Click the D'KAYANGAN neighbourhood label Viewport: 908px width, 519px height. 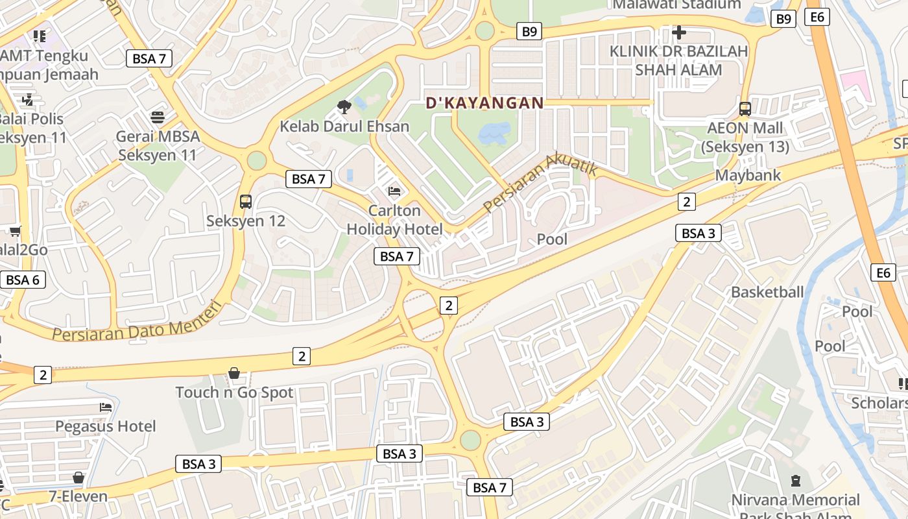[484, 103]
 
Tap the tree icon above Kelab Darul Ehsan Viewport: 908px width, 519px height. [344, 106]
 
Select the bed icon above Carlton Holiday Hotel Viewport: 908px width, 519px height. [394, 191]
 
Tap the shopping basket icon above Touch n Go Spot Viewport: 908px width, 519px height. [234, 373]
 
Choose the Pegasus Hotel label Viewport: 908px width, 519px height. [106, 426]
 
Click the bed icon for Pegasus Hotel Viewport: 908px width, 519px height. [106, 407]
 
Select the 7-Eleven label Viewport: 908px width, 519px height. [78, 496]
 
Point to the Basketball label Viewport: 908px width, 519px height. [767, 292]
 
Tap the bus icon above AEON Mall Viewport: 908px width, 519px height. [745, 108]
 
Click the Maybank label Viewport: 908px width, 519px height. [748, 175]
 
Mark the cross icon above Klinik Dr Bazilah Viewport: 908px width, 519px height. [679, 32]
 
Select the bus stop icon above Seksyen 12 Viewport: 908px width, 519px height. [246, 201]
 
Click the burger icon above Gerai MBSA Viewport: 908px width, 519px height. [158, 117]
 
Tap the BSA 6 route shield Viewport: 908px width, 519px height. [23, 280]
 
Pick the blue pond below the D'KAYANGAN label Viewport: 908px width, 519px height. [494, 134]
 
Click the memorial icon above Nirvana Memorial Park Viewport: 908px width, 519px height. [796, 481]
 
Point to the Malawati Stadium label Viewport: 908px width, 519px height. [676, 5]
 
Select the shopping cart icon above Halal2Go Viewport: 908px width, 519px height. [15, 231]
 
